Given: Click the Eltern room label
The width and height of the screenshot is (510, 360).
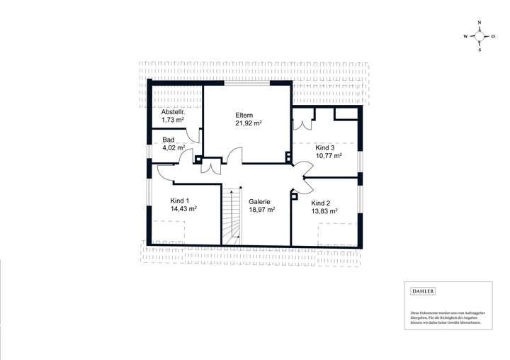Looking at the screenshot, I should pyautogui.click(x=244, y=115).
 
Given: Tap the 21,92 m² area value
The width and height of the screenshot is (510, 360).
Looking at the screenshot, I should pyautogui.click(x=249, y=123).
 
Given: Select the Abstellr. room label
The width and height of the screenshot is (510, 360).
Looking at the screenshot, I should pyautogui.click(x=173, y=112).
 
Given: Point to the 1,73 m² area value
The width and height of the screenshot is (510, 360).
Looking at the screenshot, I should pyautogui.click(x=173, y=120).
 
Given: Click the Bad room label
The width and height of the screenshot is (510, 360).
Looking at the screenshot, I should pyautogui.click(x=168, y=140).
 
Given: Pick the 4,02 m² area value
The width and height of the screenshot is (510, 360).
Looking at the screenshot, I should pyautogui.click(x=174, y=148).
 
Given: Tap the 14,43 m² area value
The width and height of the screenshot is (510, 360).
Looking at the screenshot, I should pyautogui.click(x=183, y=209).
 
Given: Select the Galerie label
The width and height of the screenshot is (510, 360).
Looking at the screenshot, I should pyautogui.click(x=259, y=201).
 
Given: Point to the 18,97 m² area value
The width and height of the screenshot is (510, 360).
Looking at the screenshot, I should pyautogui.click(x=261, y=210).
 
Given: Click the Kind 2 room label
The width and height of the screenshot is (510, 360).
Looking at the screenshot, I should pyautogui.click(x=322, y=202).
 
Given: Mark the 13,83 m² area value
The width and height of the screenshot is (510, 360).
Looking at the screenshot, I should pyautogui.click(x=324, y=210).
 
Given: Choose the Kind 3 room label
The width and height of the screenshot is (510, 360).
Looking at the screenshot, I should pyautogui.click(x=326, y=147).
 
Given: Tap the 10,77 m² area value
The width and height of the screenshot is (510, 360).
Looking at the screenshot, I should pyautogui.click(x=329, y=155).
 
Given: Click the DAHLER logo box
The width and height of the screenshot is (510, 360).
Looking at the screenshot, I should pyautogui.click(x=423, y=291).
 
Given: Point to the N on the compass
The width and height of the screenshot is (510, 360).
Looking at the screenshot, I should pyautogui.click(x=480, y=23).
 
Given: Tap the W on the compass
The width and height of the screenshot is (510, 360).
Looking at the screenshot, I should pyautogui.click(x=465, y=36).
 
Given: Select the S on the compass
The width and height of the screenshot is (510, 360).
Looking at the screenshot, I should pyautogui.click(x=480, y=50).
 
